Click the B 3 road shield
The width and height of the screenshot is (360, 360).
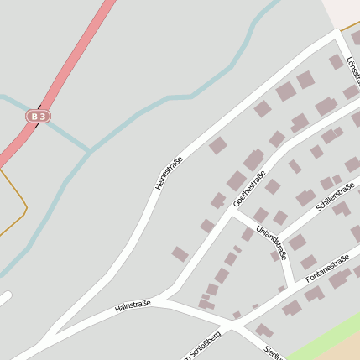[36, 117]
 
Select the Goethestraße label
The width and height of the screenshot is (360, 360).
[249, 189]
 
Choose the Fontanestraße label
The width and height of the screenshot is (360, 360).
[327, 269]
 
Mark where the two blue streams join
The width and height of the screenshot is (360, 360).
[89, 151]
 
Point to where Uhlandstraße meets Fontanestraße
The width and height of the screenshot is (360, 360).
[293, 283]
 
